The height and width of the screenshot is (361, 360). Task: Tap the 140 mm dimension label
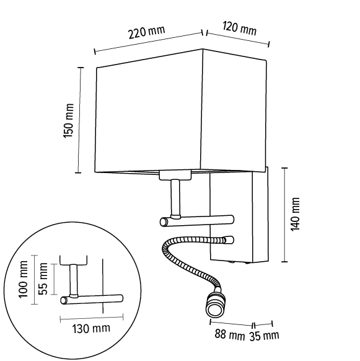point(296,214)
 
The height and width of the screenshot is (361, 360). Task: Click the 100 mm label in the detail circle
point(24,283)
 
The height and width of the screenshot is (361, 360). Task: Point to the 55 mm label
point(43,279)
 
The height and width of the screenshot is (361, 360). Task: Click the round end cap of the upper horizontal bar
point(164,221)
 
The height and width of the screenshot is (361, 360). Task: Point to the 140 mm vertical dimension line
point(284,214)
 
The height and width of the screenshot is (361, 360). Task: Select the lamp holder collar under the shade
point(175,175)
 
